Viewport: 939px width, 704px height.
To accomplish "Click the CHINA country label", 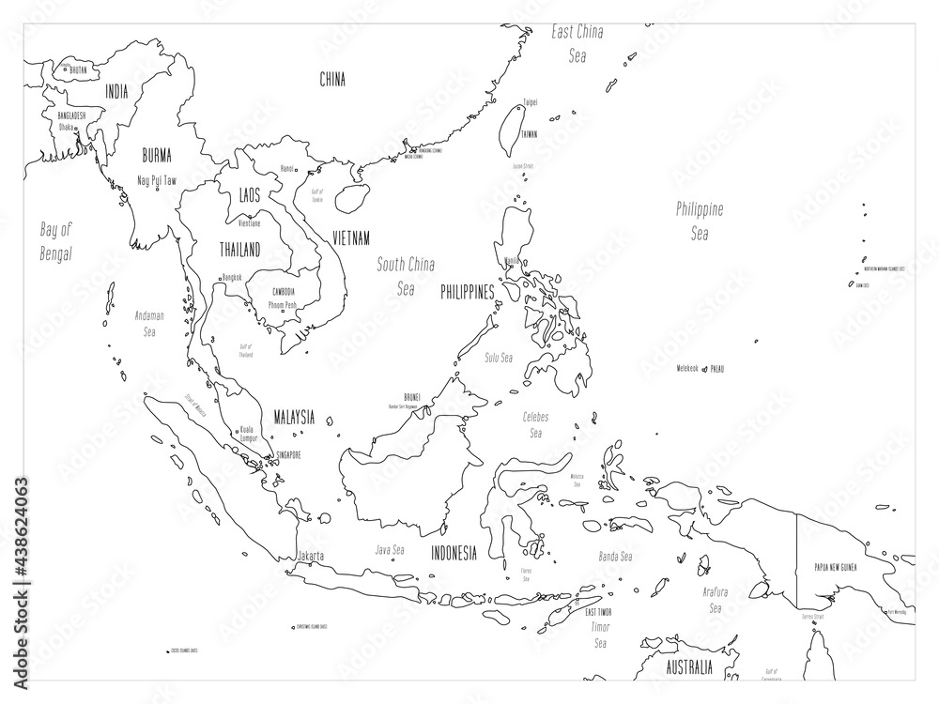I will coord(332,80).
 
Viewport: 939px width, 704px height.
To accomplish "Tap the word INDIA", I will coord(117,91).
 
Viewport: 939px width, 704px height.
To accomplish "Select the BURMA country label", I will coord(156,155).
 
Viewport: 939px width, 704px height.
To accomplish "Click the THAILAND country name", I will coord(239,250).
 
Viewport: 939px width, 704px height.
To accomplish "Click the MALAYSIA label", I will coord(293,417).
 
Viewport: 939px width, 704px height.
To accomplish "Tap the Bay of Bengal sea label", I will coord(56,240).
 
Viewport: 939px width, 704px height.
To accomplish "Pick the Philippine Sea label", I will coord(700,222).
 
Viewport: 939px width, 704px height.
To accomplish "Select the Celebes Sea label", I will coord(536,424).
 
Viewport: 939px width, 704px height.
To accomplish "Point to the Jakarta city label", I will coord(311,556).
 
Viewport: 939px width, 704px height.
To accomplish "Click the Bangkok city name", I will coord(231,278).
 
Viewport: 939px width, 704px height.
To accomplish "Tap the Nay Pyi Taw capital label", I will coord(157,180).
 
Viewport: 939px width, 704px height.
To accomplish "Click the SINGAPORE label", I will coord(286,455).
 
